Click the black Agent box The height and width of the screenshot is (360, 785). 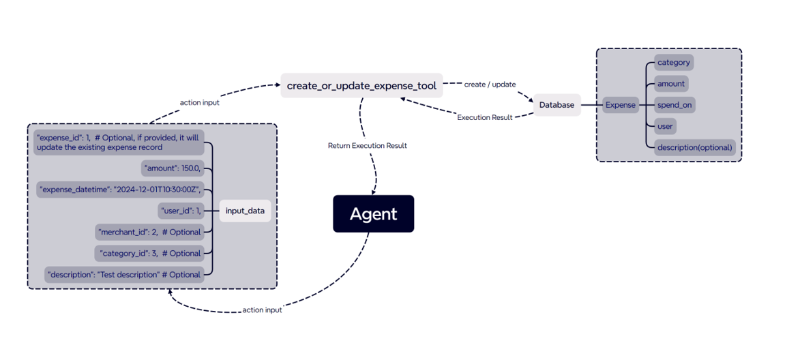tap(373, 214)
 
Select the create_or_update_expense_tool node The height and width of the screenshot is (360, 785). tap(361, 86)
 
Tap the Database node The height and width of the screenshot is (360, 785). tap(557, 105)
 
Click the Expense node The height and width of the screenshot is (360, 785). tap(620, 105)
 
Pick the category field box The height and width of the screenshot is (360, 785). tap(673, 63)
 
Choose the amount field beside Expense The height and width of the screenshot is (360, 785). tap(670, 84)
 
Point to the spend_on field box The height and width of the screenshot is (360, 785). tap(674, 105)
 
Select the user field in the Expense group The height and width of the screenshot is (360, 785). tap(665, 126)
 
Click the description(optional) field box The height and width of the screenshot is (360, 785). tap(694, 147)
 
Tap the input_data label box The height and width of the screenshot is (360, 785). tap(245, 211)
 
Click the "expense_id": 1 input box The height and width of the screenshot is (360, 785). tap(118, 142)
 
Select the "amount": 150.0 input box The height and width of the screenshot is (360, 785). tap(172, 168)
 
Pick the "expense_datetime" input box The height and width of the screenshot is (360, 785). tap(120, 190)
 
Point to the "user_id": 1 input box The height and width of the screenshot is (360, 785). tap(179, 211)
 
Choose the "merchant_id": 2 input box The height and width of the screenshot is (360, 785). tap(149, 232)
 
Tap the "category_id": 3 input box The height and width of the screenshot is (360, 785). tap(149, 253)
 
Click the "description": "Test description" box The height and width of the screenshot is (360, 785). tap(123, 275)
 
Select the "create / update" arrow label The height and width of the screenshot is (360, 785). tap(490, 85)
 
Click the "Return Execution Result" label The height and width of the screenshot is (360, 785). tap(367, 146)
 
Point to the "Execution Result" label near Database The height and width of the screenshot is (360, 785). tap(484, 117)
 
